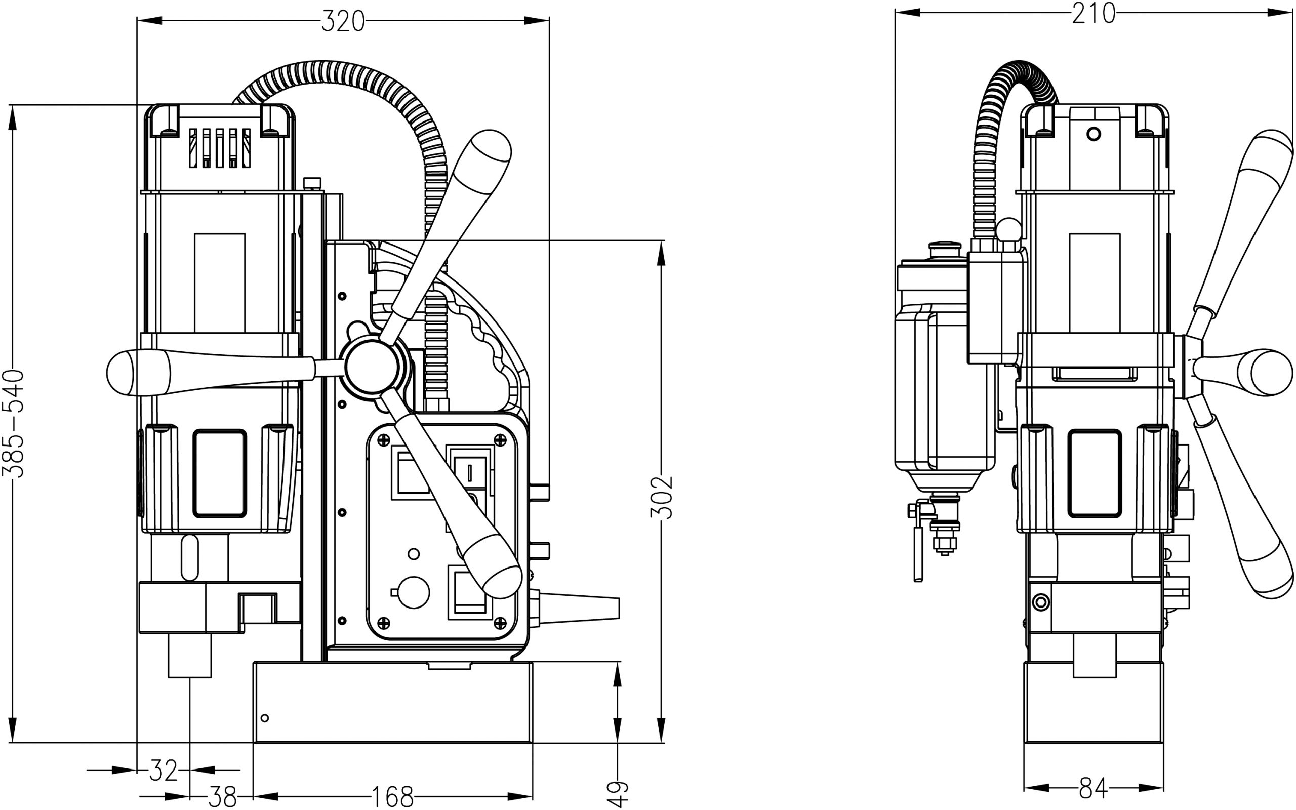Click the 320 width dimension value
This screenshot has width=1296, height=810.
click(343, 22)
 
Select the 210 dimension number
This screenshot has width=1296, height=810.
click(1093, 13)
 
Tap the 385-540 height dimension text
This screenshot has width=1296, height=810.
click(13, 423)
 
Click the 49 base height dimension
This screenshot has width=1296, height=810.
click(618, 794)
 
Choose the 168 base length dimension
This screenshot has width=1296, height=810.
click(392, 797)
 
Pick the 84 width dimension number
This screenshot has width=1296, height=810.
click(1092, 788)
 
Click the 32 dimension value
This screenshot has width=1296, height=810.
click(163, 771)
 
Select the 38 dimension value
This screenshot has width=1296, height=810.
click(222, 797)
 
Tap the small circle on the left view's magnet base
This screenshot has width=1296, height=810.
click(264, 718)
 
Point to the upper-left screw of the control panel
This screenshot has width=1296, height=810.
click(383, 440)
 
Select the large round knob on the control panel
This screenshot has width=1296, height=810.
click(414, 592)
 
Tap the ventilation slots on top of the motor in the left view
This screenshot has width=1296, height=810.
click(220, 148)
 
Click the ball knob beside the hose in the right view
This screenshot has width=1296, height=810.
click(1009, 230)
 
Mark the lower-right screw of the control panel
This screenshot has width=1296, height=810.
click(500, 622)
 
